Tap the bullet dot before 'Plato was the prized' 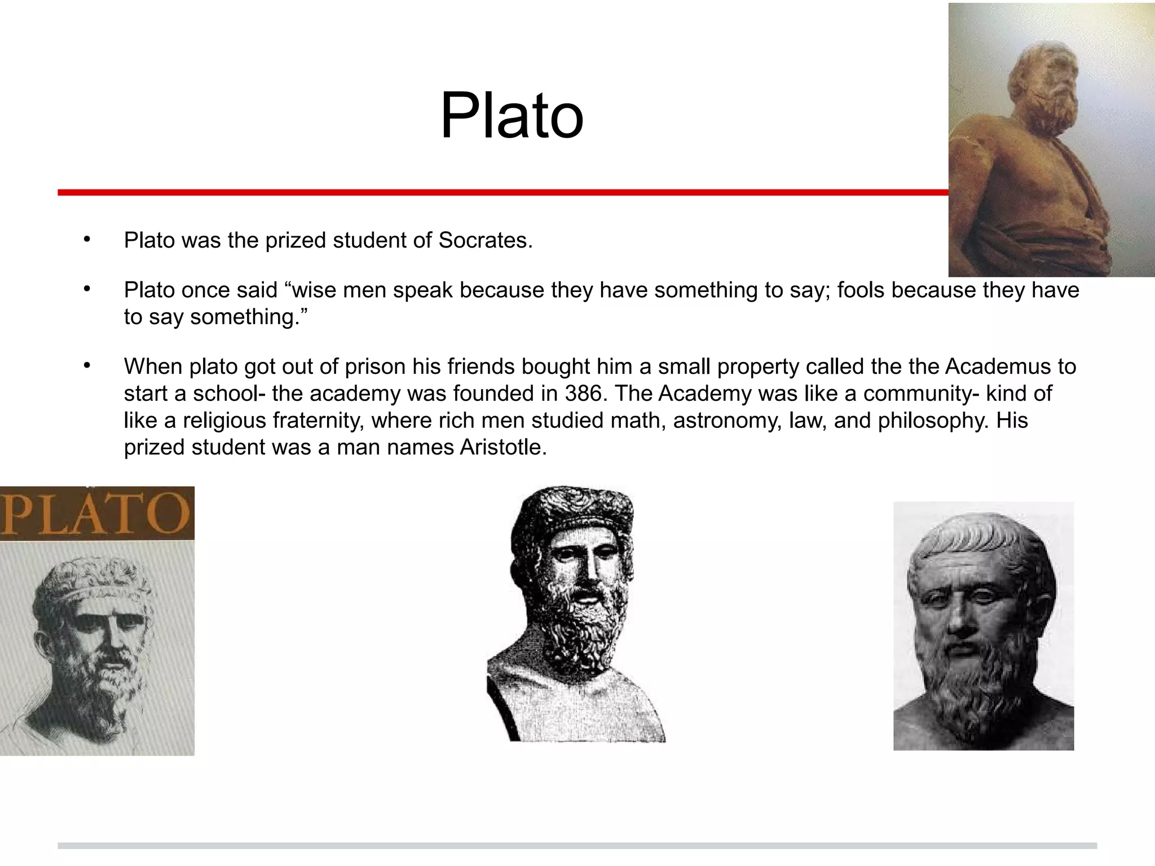click(86, 240)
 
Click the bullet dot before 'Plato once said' click(86, 289)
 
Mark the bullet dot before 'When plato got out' click(86, 366)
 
